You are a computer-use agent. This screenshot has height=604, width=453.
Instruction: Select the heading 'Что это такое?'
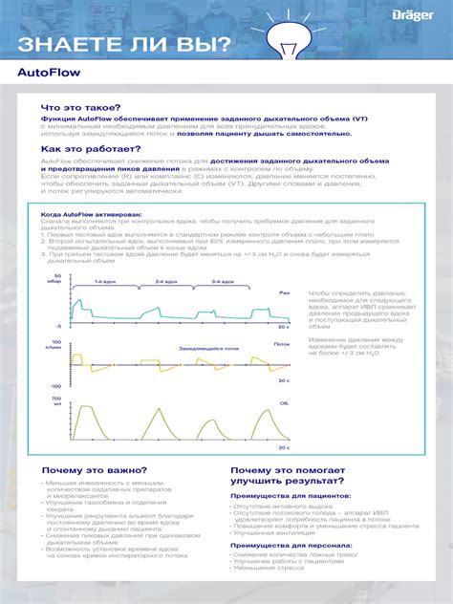click(x=81, y=109)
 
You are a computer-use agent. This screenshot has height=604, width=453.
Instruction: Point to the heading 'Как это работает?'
click(x=91, y=149)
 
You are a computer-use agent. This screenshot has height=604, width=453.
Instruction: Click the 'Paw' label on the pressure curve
click(x=284, y=292)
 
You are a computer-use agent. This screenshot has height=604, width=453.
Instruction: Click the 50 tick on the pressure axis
click(x=57, y=275)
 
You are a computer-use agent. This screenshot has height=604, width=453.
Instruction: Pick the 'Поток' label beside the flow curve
click(x=281, y=343)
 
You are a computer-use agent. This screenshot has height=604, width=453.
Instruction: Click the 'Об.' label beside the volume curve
click(x=284, y=404)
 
